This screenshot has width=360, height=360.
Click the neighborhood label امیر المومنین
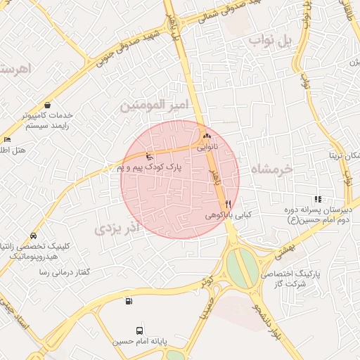pyautogui.click(x=155, y=105)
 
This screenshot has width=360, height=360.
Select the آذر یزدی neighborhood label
pyautogui.click(x=118, y=228)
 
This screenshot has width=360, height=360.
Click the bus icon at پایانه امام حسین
pyautogui.click(x=139, y=330)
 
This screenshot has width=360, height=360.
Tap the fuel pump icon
pyautogui.click(x=129, y=302)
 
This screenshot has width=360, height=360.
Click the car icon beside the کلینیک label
pyautogui.click(x=33, y=236)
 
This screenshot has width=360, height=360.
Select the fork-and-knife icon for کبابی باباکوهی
pyautogui.click(x=227, y=204)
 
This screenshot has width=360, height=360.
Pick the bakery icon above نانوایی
pyautogui.click(x=206, y=136)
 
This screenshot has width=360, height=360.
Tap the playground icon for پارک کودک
pyautogui.click(x=148, y=155)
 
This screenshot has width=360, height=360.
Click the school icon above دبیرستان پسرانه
pyautogui.click(x=318, y=199)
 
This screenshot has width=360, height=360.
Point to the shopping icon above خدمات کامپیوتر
pyautogui.click(x=47, y=104)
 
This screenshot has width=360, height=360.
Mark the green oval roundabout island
pyautogui.click(x=242, y=266)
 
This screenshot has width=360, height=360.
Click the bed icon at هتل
pyautogui.click(x=8, y=139)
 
